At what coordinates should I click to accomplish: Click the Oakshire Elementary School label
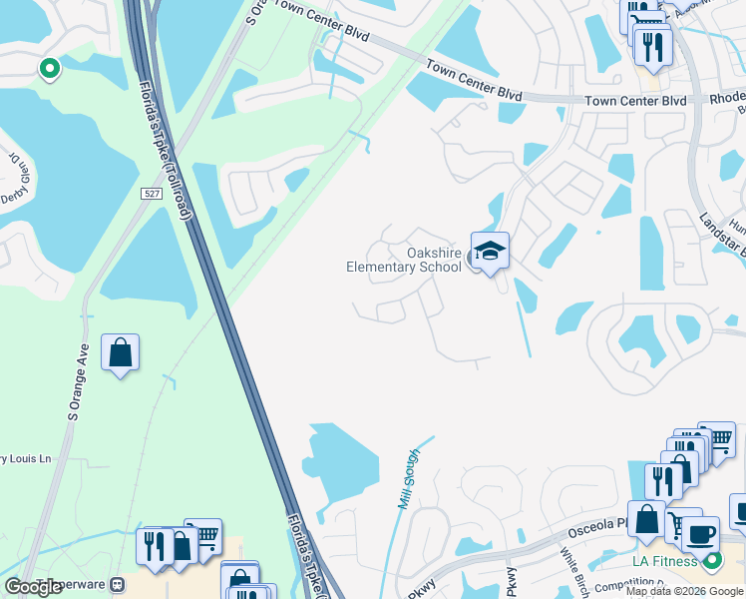[404, 260]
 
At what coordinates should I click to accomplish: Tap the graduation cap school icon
[490, 252]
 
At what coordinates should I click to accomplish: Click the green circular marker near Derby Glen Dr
[49, 68]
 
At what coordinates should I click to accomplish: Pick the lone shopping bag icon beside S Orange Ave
[120, 352]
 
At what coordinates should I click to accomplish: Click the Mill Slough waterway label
[409, 478]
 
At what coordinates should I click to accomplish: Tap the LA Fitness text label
[665, 561]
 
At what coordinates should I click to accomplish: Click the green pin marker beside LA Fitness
[712, 561]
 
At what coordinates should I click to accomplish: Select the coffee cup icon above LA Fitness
[700, 534]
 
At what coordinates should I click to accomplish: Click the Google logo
[35, 587]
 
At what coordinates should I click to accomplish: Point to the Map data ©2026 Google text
[684, 591]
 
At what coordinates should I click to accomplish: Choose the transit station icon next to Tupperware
[118, 584]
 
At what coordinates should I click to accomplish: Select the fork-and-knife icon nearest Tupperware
[155, 546]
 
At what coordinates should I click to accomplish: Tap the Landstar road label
[722, 236]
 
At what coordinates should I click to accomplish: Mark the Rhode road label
[726, 100]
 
